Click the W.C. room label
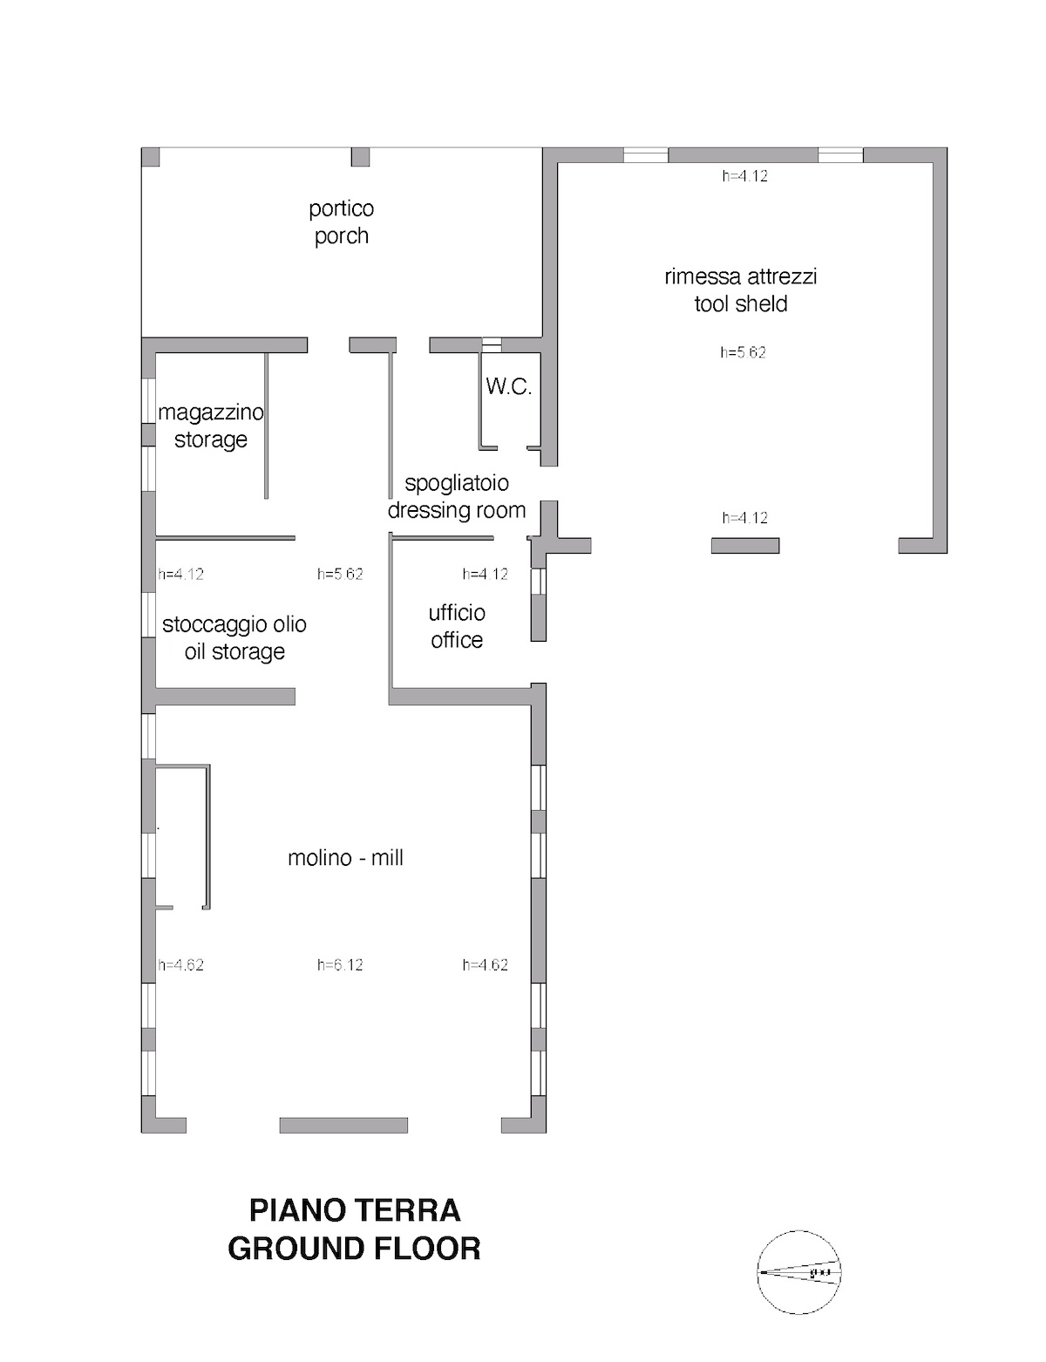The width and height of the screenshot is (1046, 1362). (x=508, y=387)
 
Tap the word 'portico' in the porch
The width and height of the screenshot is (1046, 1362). (x=342, y=209)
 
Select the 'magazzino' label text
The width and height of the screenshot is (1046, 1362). (x=210, y=413)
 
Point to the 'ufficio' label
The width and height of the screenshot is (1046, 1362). (x=457, y=612)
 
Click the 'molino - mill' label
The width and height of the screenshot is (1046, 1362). (x=345, y=857)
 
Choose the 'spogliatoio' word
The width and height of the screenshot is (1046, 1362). (x=457, y=483)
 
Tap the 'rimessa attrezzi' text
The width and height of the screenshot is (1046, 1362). (x=740, y=276)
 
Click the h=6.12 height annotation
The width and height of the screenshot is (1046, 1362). (x=340, y=964)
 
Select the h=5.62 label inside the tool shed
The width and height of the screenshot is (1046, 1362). (x=743, y=352)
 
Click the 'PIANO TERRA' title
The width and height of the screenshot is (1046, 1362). (x=355, y=1210)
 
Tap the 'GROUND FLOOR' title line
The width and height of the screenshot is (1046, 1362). (x=355, y=1249)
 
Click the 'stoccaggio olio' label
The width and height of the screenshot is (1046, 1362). (x=234, y=624)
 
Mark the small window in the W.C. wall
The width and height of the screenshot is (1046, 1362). (x=492, y=344)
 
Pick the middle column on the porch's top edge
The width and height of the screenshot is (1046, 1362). (x=360, y=157)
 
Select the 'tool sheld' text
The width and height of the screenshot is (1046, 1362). (x=741, y=304)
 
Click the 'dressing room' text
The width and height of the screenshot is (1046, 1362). (x=457, y=510)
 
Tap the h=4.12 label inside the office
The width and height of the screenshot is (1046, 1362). (x=486, y=574)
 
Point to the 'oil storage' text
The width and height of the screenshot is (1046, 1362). (x=234, y=652)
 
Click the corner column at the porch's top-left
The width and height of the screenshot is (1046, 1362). (x=150, y=157)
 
